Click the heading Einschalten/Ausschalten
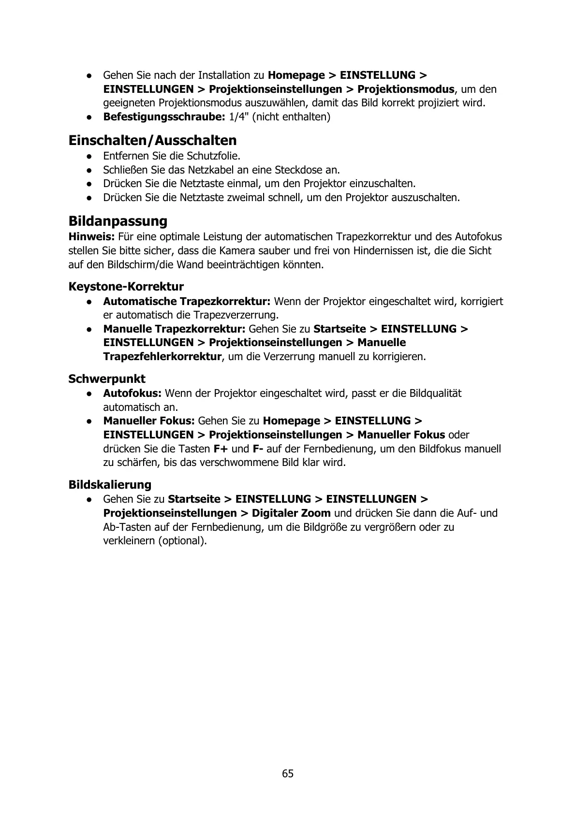point(152,141)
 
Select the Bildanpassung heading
point(118,221)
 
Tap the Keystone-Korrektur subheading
point(126,287)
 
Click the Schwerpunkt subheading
point(106,378)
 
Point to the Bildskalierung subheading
point(110,484)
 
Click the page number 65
point(288,773)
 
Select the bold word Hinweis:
point(91,237)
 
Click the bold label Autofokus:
point(132,393)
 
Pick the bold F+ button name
point(221,449)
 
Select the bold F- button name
point(258,449)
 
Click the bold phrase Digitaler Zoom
point(291,513)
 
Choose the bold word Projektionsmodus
point(406,89)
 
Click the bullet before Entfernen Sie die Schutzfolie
point(89,156)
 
